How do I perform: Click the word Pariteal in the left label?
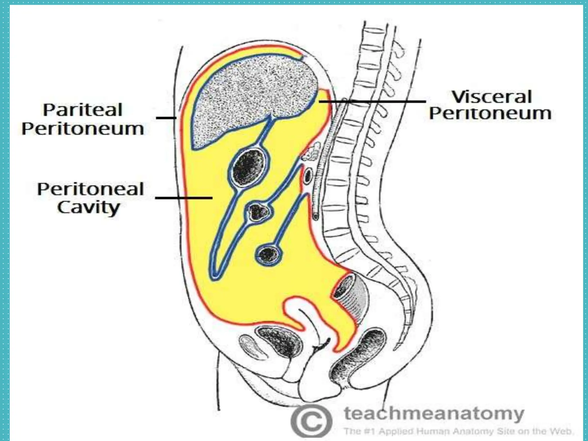pos(83,110)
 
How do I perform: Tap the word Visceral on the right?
pos(492,97)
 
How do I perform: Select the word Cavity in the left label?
pos(88,207)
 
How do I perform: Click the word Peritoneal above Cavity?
pos(90,189)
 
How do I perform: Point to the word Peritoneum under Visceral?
pos(490,114)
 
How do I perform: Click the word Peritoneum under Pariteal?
pos(83,129)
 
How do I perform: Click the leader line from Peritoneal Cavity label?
pos(184,198)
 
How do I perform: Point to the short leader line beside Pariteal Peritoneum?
pos(166,118)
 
